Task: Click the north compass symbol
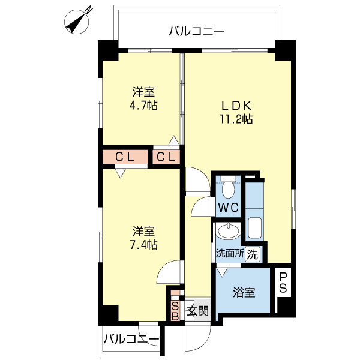79,19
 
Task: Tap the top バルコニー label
196,31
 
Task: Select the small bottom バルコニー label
131,340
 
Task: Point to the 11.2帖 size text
235,119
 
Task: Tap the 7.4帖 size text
143,244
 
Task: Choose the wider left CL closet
125,157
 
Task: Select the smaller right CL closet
167,157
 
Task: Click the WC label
228,208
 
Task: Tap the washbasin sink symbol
227,231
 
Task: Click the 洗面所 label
230,254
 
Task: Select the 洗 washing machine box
253,254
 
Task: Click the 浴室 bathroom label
244,293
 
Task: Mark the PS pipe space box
283,283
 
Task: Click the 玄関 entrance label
197,311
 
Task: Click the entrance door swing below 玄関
196,338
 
